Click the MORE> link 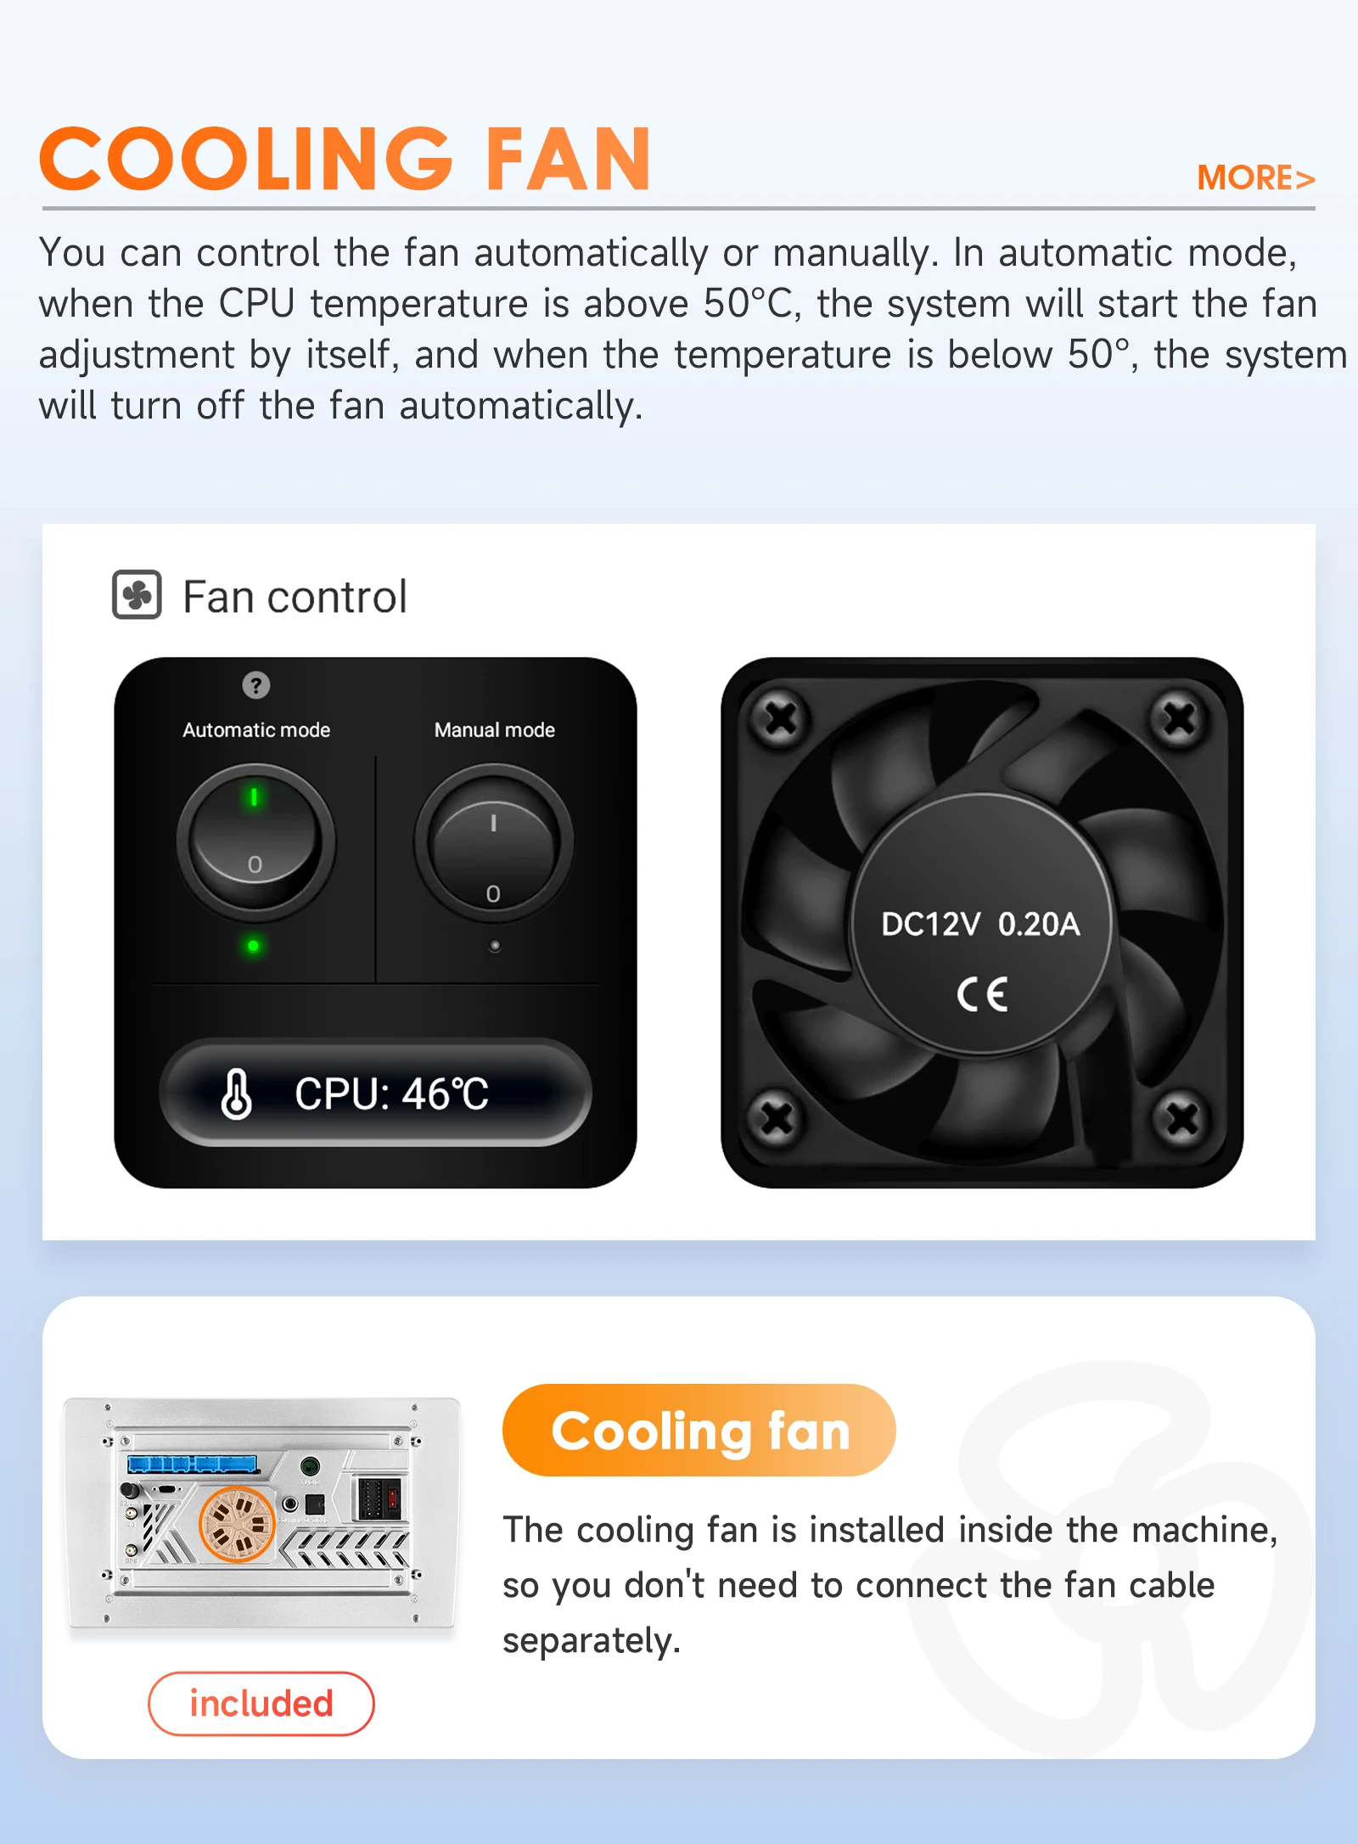(x=1255, y=178)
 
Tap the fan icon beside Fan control (x=137, y=594)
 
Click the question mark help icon (x=255, y=684)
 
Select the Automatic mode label (x=256, y=730)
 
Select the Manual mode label (x=494, y=730)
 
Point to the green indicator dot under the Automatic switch (x=253, y=946)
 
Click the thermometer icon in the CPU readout (x=236, y=1093)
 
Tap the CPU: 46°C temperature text (x=391, y=1093)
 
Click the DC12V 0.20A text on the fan (x=980, y=924)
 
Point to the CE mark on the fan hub (x=982, y=994)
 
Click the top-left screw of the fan (x=780, y=719)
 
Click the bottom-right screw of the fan (x=1181, y=1119)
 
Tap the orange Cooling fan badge (x=699, y=1431)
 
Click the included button (x=261, y=1703)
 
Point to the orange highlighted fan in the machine (x=236, y=1524)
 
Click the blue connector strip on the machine (x=193, y=1464)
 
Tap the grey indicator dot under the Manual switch (x=495, y=946)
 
